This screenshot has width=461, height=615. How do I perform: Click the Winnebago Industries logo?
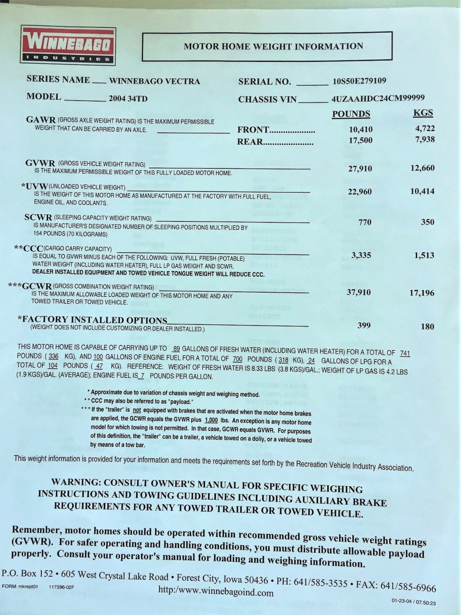coord(68,45)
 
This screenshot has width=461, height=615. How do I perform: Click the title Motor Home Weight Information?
coord(273,47)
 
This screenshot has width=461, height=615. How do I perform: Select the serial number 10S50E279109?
coord(359,81)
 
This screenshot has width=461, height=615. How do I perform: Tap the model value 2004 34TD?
coord(128,98)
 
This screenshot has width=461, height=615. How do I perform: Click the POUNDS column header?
coord(351,114)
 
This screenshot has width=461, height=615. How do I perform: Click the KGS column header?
coord(423,113)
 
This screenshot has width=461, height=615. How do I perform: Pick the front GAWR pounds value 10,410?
coord(360,130)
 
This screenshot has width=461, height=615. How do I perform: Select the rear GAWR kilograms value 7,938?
coord(425,139)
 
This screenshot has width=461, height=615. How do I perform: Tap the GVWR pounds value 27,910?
coord(360,168)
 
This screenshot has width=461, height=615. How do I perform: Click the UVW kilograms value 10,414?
coord(422,191)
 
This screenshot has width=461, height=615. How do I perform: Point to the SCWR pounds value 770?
coord(365,222)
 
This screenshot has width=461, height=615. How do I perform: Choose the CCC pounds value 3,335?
coord(361,255)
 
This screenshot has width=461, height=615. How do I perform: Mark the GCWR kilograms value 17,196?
coord(421,293)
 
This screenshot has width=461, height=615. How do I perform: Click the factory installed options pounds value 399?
coord(364,326)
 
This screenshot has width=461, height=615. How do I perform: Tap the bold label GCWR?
coord(37,286)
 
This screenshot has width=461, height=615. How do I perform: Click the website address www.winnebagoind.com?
coord(216,592)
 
